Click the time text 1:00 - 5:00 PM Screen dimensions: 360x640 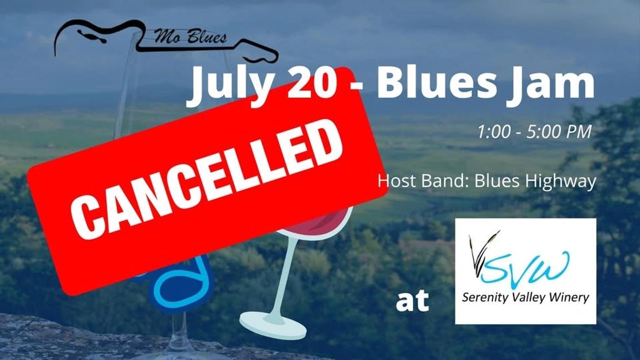click(534, 133)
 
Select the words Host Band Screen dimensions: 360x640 click(413, 182)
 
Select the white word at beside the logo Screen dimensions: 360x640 click(412, 301)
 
